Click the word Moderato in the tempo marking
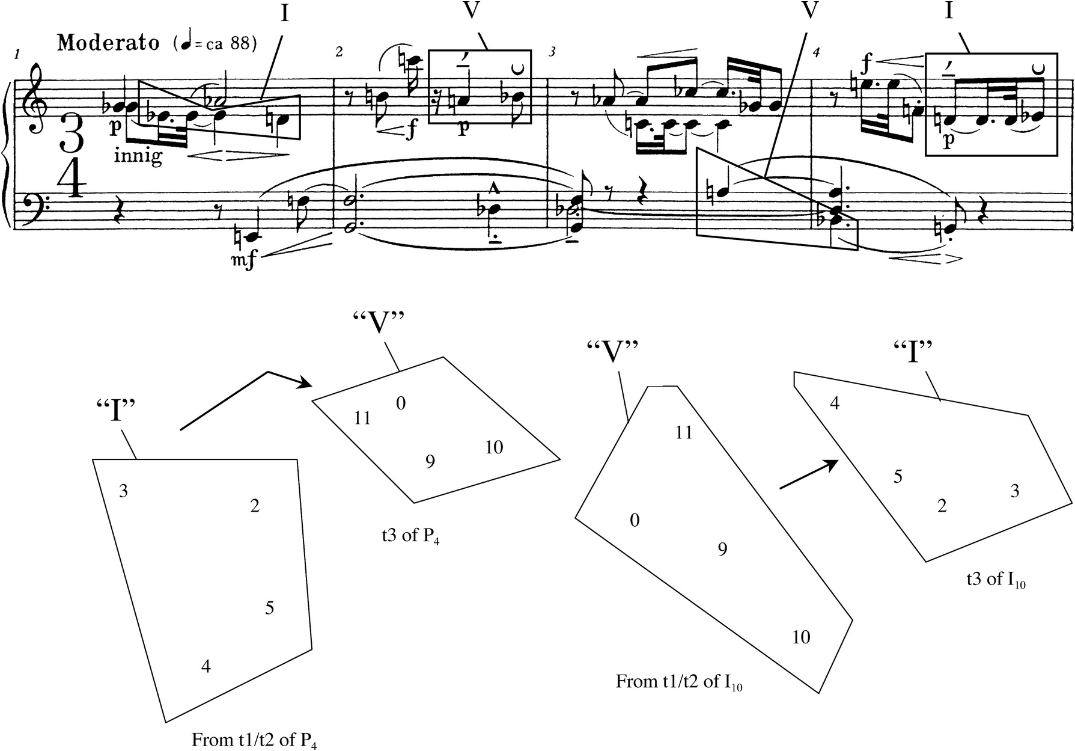tap(108, 43)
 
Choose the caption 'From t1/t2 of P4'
tap(254, 740)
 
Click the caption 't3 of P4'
tap(410, 536)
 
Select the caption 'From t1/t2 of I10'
tap(679, 682)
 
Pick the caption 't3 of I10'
tap(996, 579)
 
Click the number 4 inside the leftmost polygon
tap(206, 666)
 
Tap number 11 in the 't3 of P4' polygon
tap(362, 418)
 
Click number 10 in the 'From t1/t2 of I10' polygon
tap(801, 637)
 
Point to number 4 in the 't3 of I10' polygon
tap(834, 403)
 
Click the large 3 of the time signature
tap(72, 135)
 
